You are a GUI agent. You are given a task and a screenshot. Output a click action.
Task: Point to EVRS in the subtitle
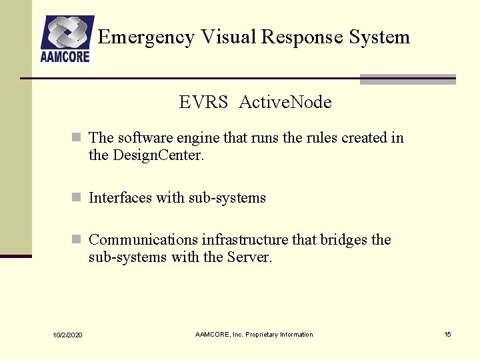tap(203, 102)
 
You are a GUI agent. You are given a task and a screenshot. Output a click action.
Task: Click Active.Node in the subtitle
tap(285, 102)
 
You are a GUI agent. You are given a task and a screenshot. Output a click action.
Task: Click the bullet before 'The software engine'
tap(77, 138)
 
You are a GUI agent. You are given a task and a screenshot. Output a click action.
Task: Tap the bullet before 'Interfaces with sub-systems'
tap(77, 198)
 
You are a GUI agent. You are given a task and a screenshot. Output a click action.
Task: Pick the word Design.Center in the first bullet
tap(157, 156)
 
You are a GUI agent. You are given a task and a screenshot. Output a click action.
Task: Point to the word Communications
tap(143, 240)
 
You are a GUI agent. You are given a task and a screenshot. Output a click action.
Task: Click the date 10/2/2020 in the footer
tap(67, 335)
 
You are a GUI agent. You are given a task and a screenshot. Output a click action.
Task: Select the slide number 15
tap(447, 334)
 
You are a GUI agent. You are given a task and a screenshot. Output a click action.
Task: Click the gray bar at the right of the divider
tap(407, 79)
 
